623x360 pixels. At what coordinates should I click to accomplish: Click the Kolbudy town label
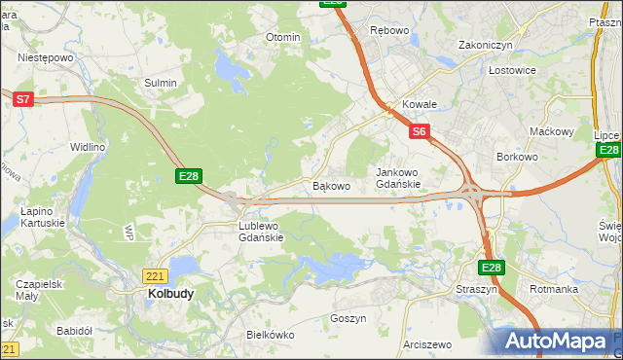[170, 293]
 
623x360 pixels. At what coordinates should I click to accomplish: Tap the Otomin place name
[283, 37]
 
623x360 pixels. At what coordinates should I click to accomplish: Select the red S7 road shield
[23, 98]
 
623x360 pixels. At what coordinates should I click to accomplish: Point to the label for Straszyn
[476, 290]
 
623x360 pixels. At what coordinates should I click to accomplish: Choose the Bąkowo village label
[330, 185]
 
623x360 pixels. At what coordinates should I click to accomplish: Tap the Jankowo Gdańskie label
[398, 178]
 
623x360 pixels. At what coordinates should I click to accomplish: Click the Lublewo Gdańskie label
[261, 232]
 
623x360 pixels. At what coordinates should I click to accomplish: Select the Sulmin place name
[161, 83]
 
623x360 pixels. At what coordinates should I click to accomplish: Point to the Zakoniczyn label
[486, 45]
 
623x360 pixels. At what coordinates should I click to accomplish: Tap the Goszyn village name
[348, 318]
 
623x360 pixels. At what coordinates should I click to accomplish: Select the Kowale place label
[420, 104]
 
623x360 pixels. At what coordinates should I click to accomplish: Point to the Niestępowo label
[46, 57]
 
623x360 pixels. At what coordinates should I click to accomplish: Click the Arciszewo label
[427, 344]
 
